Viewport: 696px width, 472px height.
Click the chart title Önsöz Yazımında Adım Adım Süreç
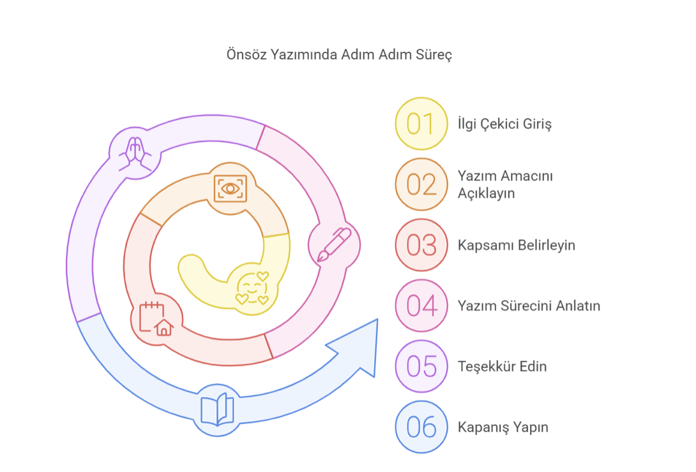[x=339, y=54]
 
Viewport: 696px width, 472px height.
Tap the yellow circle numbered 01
[x=421, y=123]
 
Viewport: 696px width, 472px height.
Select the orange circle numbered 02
[x=421, y=184]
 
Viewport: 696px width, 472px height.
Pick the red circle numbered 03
[x=421, y=245]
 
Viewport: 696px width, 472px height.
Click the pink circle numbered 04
[x=421, y=306]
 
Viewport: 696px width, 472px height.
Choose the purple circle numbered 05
[x=421, y=366]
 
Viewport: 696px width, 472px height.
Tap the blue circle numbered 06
[x=421, y=427]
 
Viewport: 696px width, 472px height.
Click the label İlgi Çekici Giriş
[x=504, y=123]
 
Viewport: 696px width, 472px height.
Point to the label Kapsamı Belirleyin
[x=516, y=245]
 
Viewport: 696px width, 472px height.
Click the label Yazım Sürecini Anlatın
[x=529, y=306]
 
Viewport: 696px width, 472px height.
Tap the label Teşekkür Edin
[x=502, y=366]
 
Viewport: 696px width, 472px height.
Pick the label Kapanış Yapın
[x=503, y=427]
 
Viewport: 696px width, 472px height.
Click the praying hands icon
[x=135, y=153]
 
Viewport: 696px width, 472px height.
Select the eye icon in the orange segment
[x=230, y=187]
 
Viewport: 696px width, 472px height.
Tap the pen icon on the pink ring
[x=334, y=245]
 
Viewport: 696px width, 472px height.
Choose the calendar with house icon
[x=156, y=319]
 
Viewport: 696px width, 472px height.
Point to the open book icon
[x=217, y=410]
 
